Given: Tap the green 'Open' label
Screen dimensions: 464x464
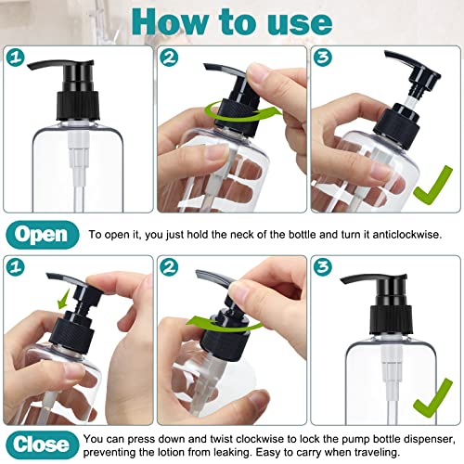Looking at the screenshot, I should click(x=42, y=234).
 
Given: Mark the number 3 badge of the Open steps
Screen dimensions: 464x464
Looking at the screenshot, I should click(x=324, y=57).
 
